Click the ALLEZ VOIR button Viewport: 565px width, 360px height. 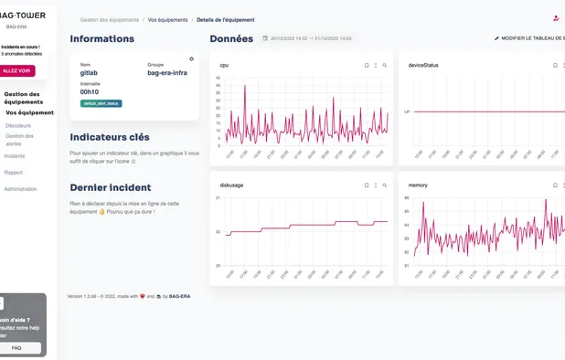coord(16,70)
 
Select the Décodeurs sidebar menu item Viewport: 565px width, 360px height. coord(18,124)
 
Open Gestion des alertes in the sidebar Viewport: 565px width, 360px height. coord(20,140)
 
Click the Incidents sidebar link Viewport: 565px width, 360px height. coord(15,156)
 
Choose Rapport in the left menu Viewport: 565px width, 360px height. coord(14,172)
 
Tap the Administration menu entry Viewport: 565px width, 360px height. coord(21,188)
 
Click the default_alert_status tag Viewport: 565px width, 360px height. coord(101,103)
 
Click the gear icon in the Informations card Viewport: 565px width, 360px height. coord(191,58)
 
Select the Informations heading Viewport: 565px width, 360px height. coord(101,39)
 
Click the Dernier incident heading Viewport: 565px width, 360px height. coord(111,187)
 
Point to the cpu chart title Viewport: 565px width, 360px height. coord(224,66)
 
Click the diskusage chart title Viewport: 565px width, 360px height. coord(231,185)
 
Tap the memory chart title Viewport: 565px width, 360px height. coord(418,185)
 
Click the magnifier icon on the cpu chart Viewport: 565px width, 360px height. coord(385,66)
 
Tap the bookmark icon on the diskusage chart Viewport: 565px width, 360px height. coord(366,185)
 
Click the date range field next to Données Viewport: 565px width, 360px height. coord(310,39)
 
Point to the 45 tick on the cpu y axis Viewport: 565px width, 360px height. coord(219,78)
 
